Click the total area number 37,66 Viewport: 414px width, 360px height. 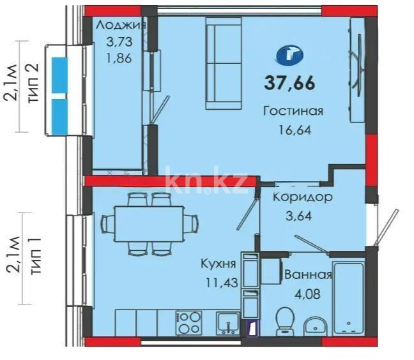[290, 82]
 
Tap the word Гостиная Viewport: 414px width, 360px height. [293, 111]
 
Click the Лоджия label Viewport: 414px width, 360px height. [120, 25]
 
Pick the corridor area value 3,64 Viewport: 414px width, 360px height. [298, 214]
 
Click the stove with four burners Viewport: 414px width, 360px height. [189, 322]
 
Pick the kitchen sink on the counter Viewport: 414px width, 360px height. [227, 322]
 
